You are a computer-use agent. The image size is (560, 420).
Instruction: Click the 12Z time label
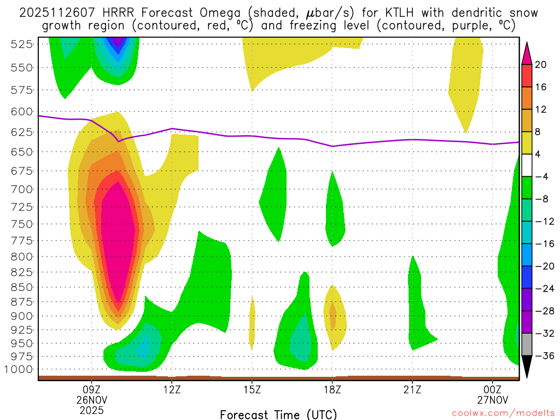[172, 390]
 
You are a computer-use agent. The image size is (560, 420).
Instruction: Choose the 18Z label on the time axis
[332, 390]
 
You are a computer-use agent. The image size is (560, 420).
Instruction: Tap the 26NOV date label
[91, 400]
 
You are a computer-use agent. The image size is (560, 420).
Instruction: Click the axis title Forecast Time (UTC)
[278, 414]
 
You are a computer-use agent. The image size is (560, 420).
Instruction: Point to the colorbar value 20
[541, 65]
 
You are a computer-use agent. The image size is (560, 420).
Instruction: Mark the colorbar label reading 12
[541, 109]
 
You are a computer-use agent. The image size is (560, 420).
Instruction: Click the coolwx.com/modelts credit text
[495, 413]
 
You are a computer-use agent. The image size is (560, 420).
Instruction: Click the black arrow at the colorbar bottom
[527, 367]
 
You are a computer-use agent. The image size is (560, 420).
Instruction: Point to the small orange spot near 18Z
[332, 317]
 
